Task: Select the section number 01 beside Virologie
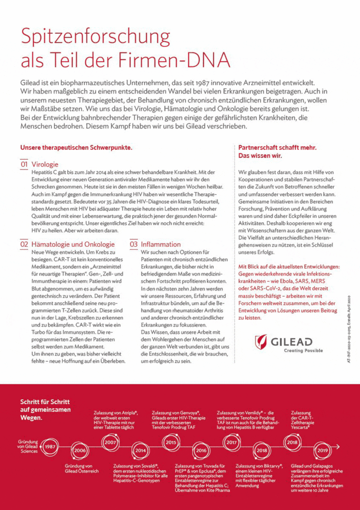pos(24,164)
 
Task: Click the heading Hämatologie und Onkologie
pos(73,244)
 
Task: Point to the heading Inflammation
pos(161,244)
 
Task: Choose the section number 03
pos(134,244)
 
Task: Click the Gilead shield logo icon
pos(261,342)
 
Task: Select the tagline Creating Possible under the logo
pos(303,350)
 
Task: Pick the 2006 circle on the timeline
pos(80,451)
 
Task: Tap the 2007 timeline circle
pos(111,442)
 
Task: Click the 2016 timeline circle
pos(201,451)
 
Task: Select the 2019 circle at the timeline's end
pos(322,450)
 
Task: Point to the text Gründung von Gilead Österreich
pos(82,468)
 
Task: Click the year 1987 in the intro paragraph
pos(209,81)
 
